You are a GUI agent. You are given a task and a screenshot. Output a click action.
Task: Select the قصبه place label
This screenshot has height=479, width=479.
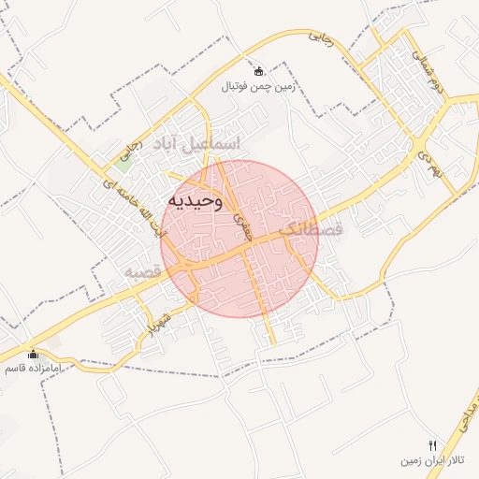click(x=144, y=271)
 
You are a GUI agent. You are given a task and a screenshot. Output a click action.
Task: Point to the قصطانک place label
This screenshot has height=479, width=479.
click(x=312, y=228)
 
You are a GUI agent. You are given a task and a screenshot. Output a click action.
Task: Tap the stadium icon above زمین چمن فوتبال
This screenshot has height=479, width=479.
click(x=259, y=70)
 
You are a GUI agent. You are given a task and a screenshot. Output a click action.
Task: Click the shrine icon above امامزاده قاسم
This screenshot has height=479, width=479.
click(x=34, y=354)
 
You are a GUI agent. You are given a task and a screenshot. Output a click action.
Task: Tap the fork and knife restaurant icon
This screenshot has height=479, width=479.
click(x=431, y=445)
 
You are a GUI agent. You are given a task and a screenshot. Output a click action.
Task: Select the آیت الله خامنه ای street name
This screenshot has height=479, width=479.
click(x=97, y=209)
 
